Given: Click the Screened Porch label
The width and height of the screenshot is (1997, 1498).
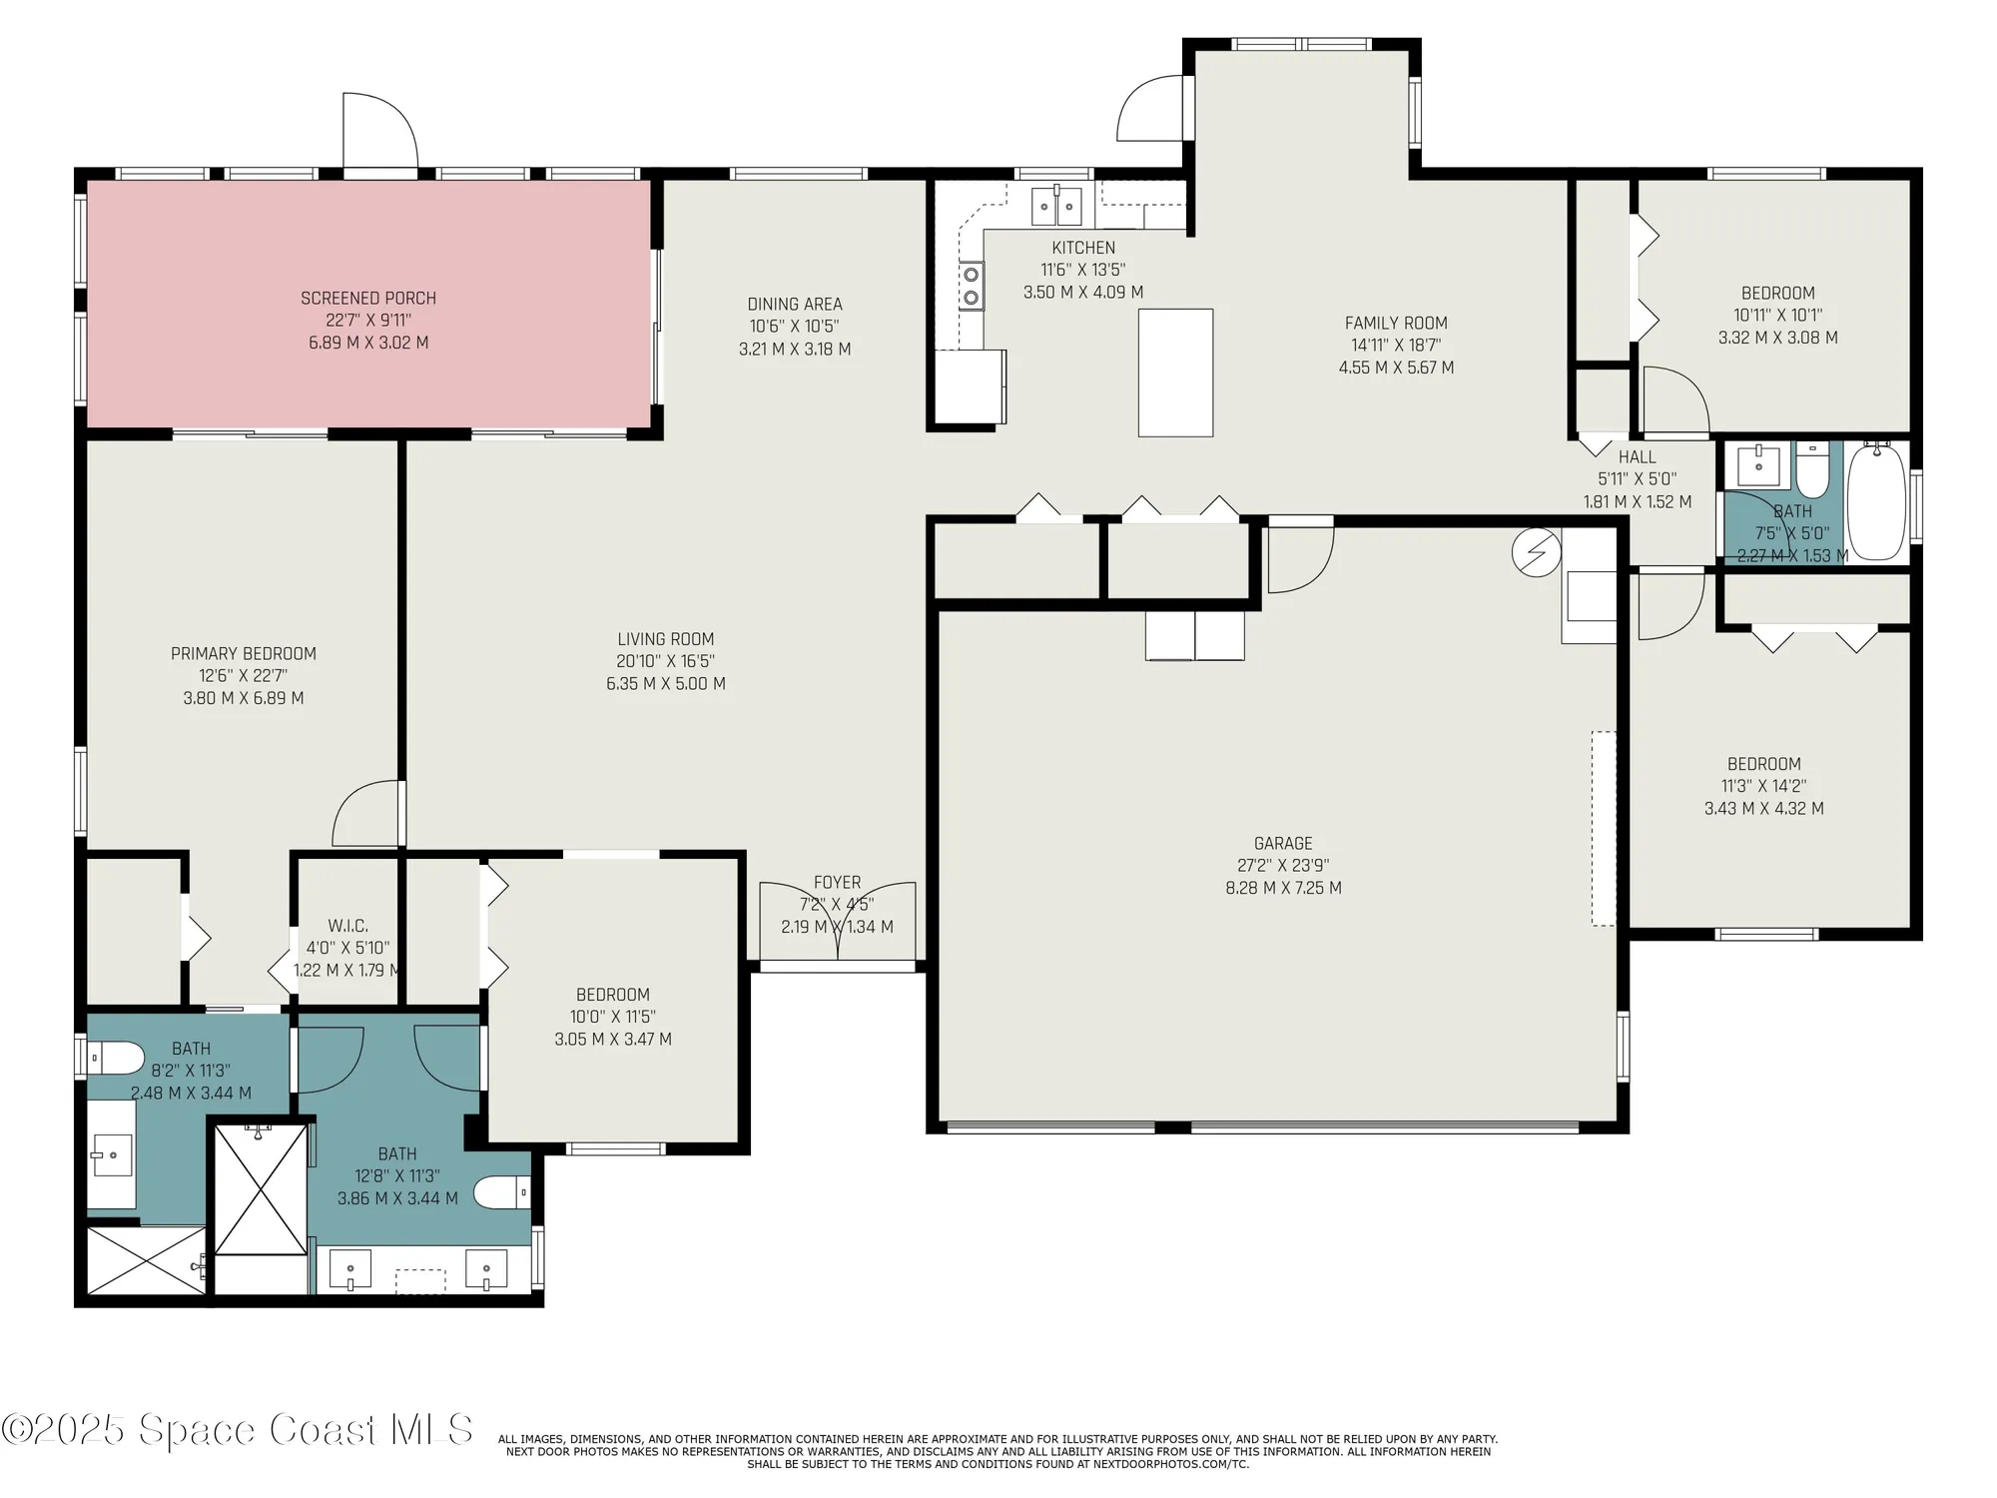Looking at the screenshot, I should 368,298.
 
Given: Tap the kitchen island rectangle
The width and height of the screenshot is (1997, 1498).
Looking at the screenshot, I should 1175,373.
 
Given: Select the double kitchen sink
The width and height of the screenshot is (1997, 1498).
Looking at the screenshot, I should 1056,207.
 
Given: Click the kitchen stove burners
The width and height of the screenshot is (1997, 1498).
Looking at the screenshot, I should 972,285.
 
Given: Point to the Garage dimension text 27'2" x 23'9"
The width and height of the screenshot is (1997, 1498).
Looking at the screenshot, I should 1283,866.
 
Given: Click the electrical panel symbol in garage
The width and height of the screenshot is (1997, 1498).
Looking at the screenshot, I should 1536,552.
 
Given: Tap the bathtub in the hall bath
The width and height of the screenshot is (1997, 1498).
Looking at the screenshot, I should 1877,502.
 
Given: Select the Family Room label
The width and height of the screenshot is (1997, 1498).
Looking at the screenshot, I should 1396,323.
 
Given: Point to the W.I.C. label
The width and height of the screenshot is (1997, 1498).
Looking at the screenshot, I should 347,926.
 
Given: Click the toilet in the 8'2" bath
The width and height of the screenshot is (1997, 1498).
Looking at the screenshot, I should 115,1057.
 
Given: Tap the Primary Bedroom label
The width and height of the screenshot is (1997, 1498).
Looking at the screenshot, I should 244,653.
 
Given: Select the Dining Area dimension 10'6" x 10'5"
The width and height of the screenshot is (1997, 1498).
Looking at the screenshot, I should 795,327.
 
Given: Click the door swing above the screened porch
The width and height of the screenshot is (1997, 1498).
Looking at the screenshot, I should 379,131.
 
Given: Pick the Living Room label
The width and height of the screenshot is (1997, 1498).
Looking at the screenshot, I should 666,639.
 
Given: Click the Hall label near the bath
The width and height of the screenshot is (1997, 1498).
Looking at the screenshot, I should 1638,457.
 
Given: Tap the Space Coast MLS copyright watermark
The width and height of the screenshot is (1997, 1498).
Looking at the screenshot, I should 238,1429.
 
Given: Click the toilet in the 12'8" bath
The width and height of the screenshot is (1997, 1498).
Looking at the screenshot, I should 501,1191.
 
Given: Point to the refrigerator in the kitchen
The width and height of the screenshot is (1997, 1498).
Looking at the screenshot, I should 970,386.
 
